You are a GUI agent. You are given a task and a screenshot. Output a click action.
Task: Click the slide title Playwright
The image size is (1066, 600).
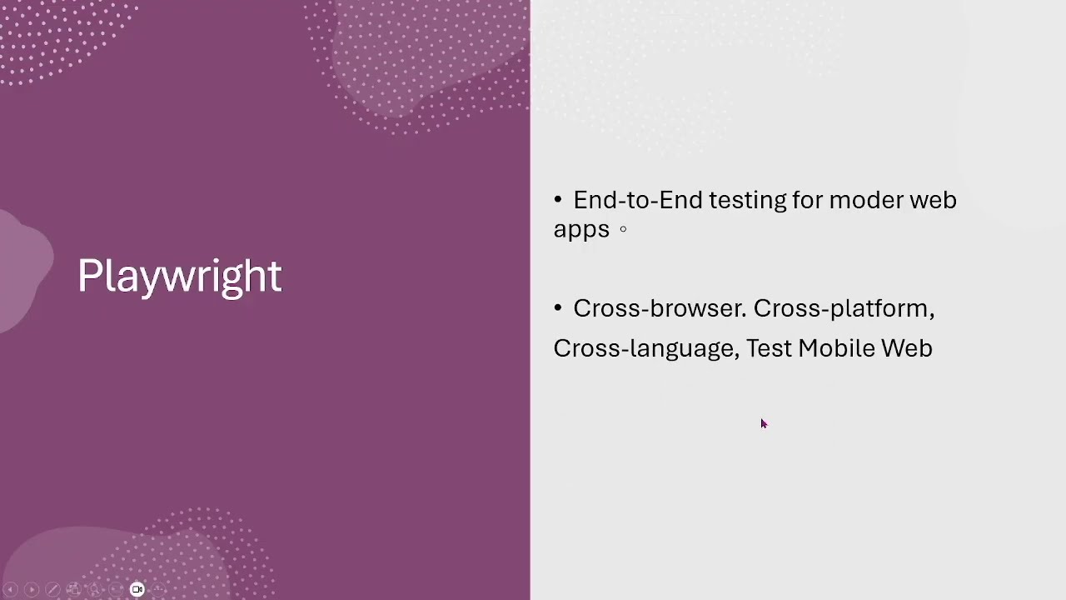180,277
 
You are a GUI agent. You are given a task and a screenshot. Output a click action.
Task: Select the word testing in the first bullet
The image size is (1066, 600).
748,201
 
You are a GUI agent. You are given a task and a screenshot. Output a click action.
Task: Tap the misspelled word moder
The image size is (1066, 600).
866,199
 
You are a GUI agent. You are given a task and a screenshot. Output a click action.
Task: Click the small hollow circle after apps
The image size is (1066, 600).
623,229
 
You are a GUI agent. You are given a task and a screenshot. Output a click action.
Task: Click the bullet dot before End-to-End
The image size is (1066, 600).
558,199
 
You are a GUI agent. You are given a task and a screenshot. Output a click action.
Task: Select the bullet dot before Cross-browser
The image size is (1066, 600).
558,307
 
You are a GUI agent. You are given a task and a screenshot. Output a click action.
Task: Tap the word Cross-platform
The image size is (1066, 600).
844,309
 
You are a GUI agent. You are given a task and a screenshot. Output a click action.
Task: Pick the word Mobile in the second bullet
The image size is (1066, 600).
836,347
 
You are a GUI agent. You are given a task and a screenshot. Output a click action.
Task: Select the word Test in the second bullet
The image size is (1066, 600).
769,348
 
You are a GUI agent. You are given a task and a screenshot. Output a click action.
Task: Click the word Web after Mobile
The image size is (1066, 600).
907,347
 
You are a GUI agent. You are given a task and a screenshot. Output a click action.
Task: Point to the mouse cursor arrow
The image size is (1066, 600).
764,424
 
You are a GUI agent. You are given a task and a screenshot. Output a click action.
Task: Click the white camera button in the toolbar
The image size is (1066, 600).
137,589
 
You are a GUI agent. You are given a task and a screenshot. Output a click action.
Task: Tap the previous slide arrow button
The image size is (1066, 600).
11,589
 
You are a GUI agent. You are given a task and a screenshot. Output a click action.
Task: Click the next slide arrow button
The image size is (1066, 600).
32,589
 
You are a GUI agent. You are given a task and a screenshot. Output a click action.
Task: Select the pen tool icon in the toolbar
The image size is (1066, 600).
52,589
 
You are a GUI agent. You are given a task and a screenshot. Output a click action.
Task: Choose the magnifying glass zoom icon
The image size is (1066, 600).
95,589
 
